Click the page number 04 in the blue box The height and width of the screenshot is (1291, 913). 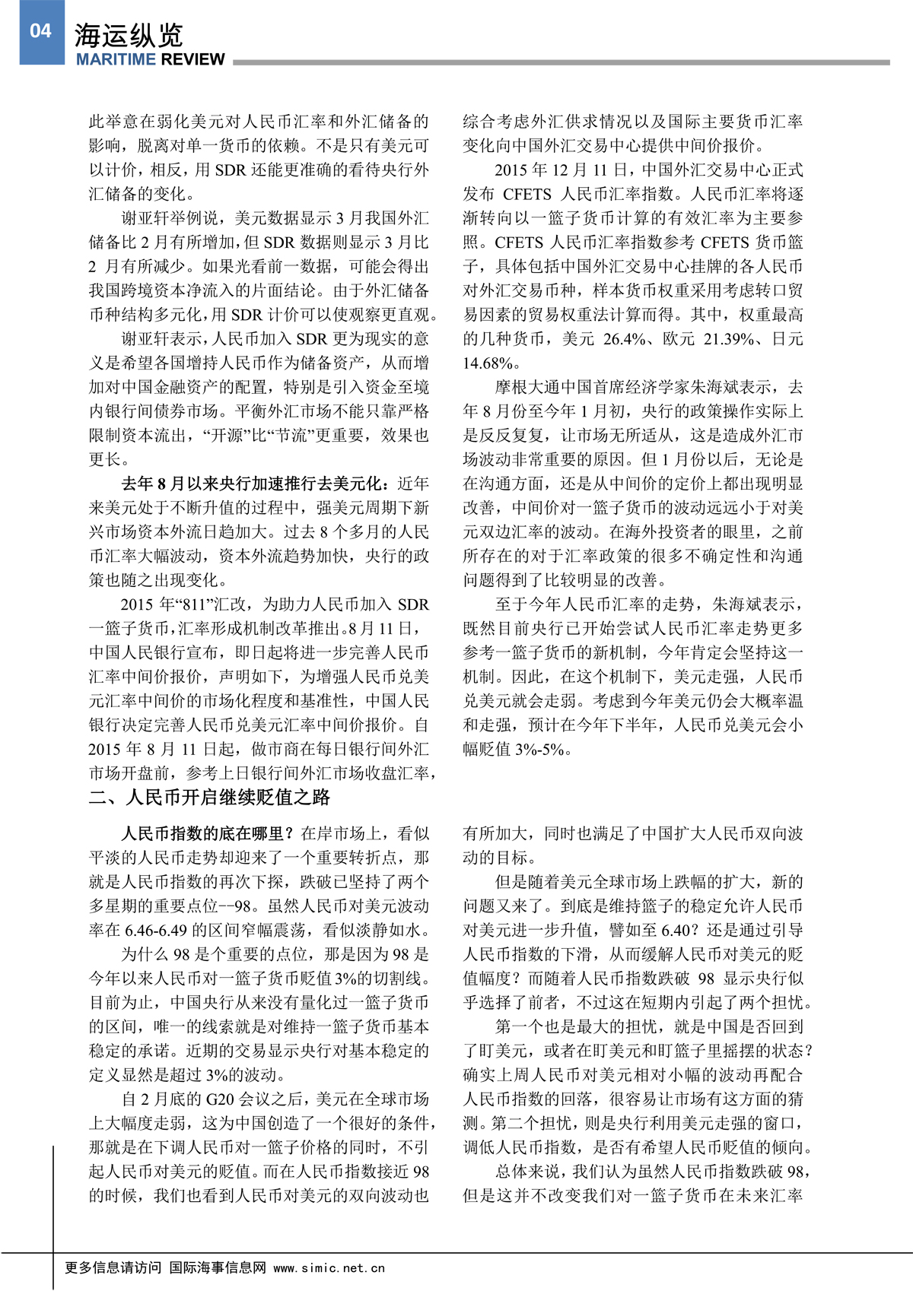click(41, 31)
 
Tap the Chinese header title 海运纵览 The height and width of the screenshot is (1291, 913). click(129, 35)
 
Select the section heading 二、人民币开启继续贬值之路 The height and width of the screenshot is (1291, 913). click(209, 797)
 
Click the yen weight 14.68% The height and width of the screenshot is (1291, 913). click(488, 363)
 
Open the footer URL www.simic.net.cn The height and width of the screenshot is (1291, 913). click(329, 1268)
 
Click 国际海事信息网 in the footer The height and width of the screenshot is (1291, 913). click(218, 1267)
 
